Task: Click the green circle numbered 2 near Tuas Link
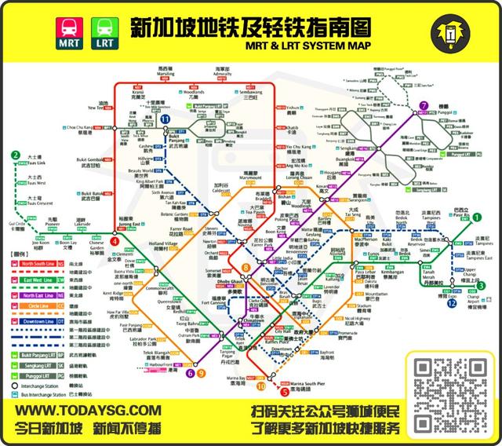(15, 155)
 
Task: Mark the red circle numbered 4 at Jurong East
(115, 244)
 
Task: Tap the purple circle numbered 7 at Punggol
(423, 106)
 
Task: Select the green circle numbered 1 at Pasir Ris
(476, 218)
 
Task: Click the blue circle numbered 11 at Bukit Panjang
(166, 119)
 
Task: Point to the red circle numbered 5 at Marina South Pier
(284, 392)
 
